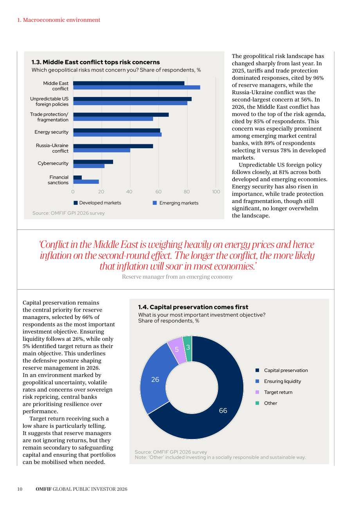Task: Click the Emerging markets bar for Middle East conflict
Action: pyautogui.click(x=137, y=88)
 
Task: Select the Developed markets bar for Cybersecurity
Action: pyautogui.click(x=93, y=162)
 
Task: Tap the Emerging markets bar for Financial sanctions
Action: pyautogui.click(x=86, y=182)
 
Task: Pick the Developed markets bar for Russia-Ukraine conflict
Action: pyautogui.click(x=113, y=146)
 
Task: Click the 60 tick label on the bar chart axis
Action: pyautogui.click(x=158, y=192)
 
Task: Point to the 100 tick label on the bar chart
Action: pyautogui.click(x=216, y=192)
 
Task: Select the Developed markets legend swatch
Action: pyautogui.click(x=76, y=203)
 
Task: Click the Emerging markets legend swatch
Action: pyautogui.click(x=155, y=203)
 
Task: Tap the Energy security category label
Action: pyautogui.click(x=51, y=132)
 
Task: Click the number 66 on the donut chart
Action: pyautogui.click(x=223, y=410)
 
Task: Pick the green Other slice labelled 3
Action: pyautogui.click(x=188, y=348)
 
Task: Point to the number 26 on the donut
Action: pyautogui.click(x=155, y=380)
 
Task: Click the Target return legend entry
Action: pyautogui.click(x=274, y=392)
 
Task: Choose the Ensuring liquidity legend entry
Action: pyautogui.click(x=278, y=381)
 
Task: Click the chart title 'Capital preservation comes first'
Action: pyautogui.click(x=199, y=307)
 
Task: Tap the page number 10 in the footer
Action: pyautogui.click(x=20, y=489)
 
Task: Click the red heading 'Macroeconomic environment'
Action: pyautogui.click(x=61, y=20)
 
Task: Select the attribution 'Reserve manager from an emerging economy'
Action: pyautogui.click(x=177, y=277)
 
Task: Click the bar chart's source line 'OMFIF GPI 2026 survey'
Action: pyautogui.click(x=68, y=213)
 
